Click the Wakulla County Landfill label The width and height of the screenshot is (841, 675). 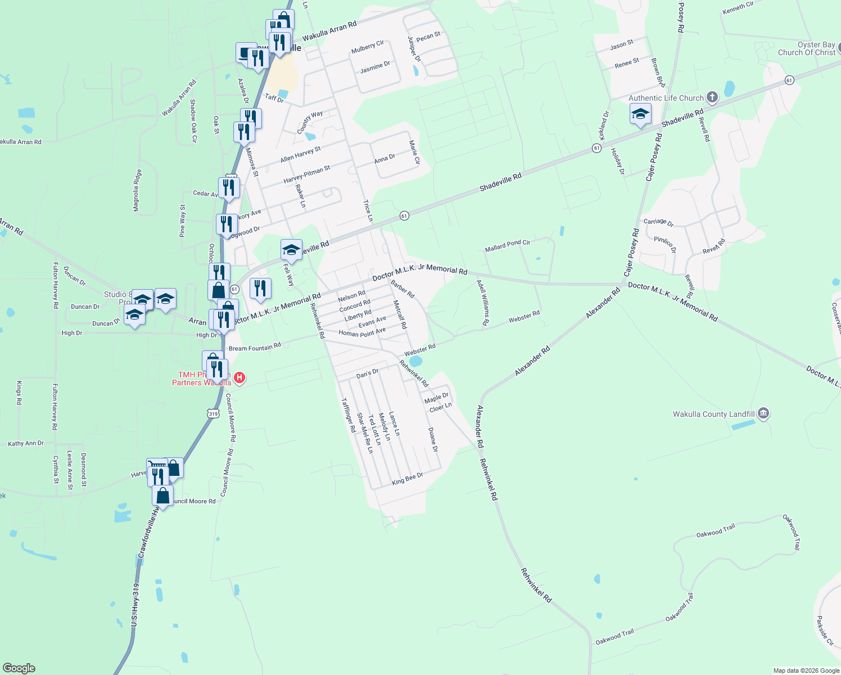coord(713,414)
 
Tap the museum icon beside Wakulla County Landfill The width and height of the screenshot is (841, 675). coord(763,414)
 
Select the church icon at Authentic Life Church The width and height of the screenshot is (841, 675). coord(712,97)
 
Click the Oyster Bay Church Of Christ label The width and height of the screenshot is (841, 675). coord(807,49)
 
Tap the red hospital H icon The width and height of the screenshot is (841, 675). coord(239,377)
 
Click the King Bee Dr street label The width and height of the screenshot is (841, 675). coord(408,479)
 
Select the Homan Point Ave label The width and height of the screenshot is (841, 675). coord(362,332)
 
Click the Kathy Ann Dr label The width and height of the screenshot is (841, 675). coord(26,443)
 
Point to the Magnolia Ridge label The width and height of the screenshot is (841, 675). coord(137,191)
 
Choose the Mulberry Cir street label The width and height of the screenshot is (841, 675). coord(367,47)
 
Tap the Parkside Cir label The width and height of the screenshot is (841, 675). coord(825,631)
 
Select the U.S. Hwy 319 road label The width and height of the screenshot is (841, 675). coord(135,605)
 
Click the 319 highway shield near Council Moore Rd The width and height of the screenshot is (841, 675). coord(213,414)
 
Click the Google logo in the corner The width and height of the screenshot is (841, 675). coord(19,668)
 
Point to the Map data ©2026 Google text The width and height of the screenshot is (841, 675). coord(806,670)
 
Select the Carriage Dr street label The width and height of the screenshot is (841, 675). coord(658,222)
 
